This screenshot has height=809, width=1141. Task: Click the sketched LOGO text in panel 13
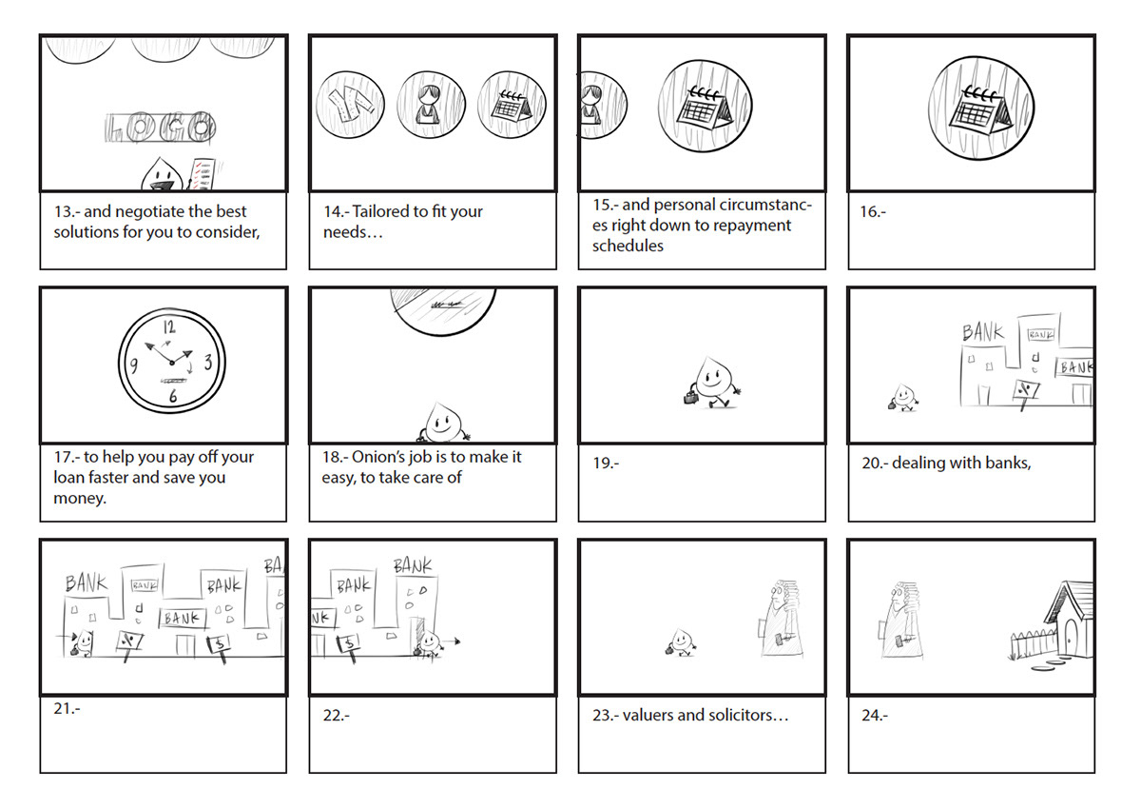[x=159, y=128]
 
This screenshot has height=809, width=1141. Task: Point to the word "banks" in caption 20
[x=1005, y=464]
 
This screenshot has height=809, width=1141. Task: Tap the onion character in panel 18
[x=440, y=421]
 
